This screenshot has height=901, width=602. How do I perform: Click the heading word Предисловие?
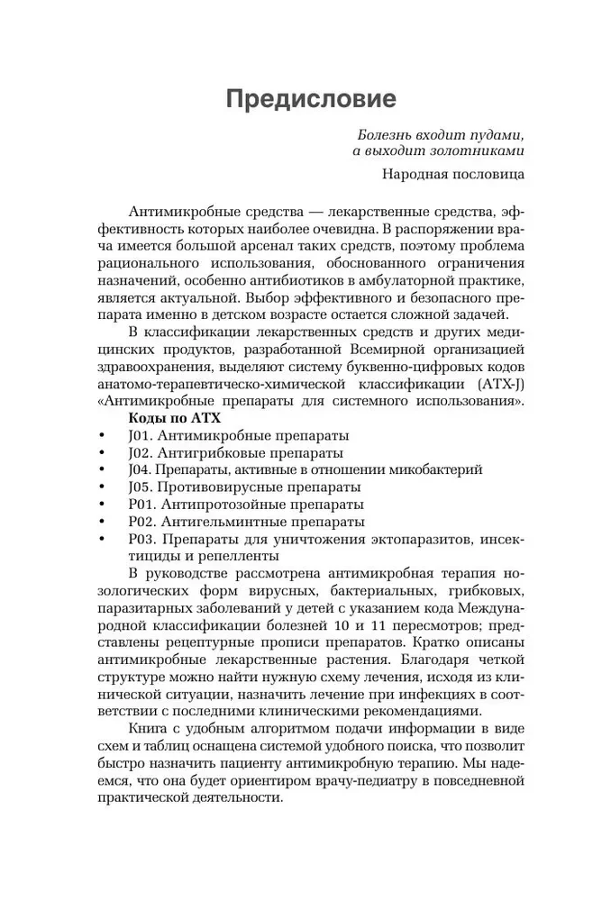tap(310, 97)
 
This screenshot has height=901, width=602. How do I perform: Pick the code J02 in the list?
tap(141, 452)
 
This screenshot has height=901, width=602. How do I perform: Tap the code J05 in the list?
tap(141, 487)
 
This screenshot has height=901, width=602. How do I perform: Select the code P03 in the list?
tap(142, 539)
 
